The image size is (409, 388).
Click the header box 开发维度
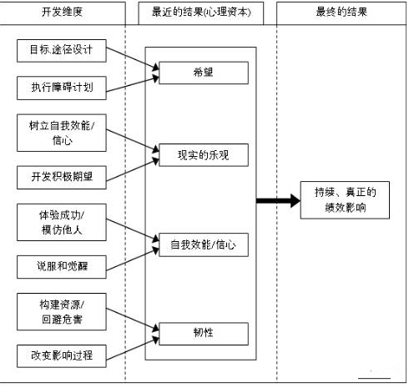62,13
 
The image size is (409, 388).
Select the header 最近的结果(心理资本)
201,13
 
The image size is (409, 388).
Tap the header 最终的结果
341,13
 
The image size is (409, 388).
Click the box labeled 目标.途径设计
62,51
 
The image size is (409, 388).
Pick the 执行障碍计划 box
62,88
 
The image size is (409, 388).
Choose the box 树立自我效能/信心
62,133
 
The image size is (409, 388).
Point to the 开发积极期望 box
62,178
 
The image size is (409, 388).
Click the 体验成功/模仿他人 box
62,222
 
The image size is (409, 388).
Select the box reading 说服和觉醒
62,267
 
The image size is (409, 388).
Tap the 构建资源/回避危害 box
62,312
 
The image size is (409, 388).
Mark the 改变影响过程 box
62,356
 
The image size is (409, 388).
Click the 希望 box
204,73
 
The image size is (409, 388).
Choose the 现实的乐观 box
204,155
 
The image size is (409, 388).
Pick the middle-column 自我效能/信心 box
204,244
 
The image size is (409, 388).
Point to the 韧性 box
204,334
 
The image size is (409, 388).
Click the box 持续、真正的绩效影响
345,200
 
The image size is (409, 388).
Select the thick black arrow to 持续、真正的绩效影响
278,200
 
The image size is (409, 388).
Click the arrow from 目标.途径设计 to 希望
133,58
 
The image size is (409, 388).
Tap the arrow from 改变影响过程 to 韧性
133,349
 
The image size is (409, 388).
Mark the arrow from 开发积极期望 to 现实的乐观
133,169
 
